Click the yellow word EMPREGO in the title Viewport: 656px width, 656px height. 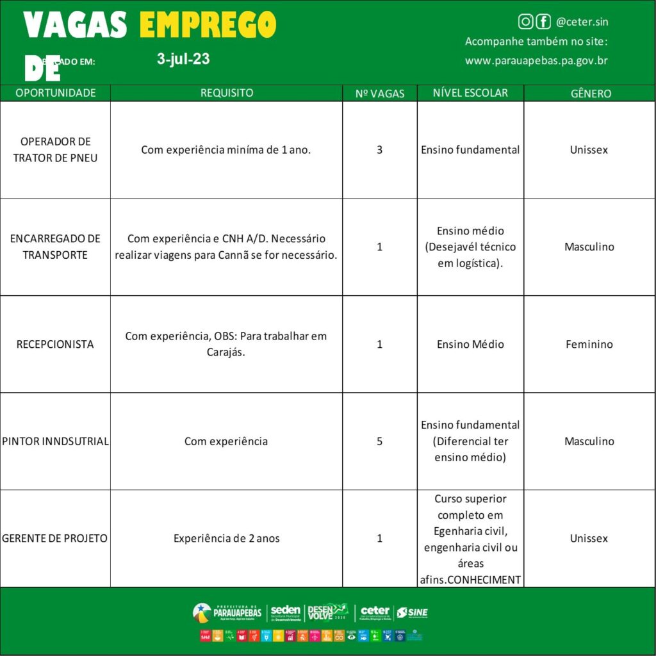[208, 25]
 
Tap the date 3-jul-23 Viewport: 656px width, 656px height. [183, 60]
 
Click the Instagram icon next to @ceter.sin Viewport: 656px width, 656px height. [525, 22]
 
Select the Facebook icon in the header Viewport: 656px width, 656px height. [543, 22]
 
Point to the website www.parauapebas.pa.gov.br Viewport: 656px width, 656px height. [536, 61]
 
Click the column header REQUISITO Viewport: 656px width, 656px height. [227, 93]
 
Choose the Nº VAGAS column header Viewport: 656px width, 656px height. [380, 94]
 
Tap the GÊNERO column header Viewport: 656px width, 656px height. [590, 94]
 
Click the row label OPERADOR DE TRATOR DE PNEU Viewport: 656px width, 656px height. [55, 149]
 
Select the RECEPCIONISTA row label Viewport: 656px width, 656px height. [55, 344]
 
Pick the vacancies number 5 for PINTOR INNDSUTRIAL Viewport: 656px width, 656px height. [380, 441]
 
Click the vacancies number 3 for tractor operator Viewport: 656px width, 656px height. [380, 150]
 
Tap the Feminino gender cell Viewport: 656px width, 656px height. [589, 344]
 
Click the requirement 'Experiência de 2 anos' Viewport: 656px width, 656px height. [227, 539]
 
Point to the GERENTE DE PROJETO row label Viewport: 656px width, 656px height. [55, 539]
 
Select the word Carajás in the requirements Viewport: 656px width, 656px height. [226, 352]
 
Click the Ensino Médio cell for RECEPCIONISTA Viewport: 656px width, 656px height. [470, 344]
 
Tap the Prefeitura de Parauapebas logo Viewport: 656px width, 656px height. [227, 612]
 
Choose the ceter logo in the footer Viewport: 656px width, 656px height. [375, 612]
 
